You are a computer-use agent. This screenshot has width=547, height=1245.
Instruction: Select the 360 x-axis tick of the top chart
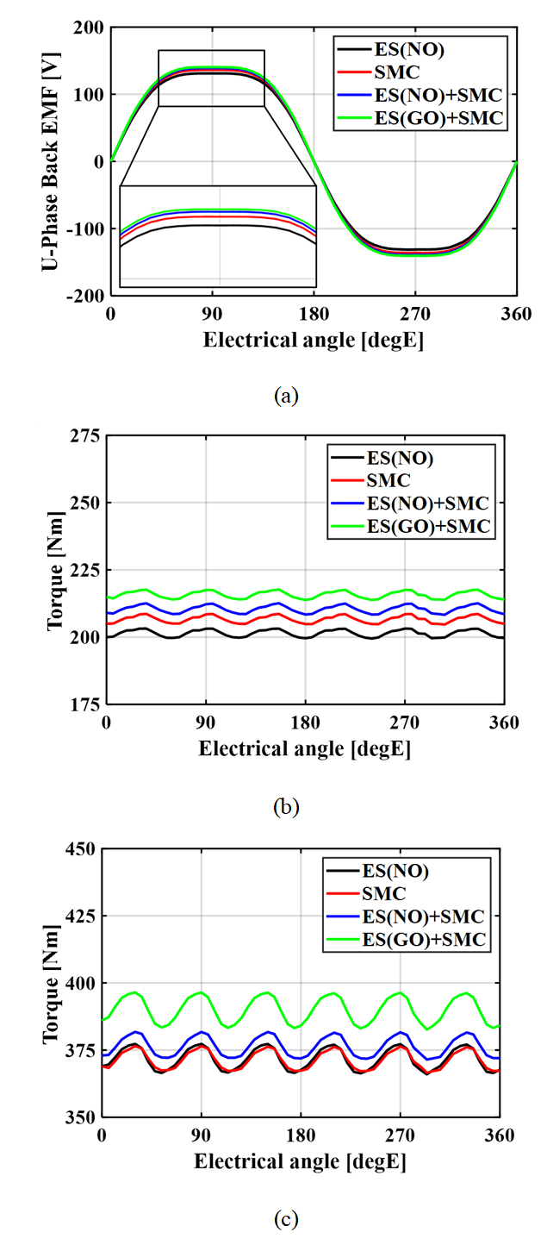pyautogui.click(x=516, y=314)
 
